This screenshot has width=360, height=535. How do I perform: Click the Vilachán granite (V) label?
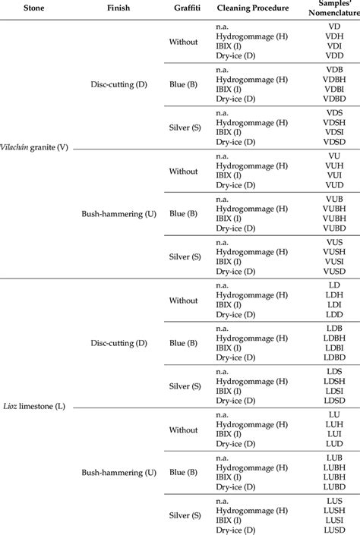click(35, 147)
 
